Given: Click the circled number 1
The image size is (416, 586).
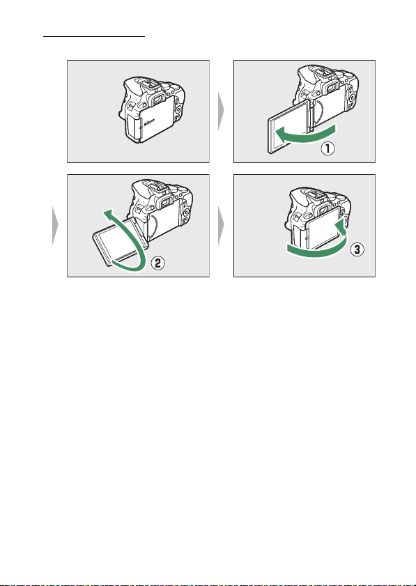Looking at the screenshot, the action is pos(328,148).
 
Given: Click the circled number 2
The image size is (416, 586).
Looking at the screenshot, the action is pos(157,263).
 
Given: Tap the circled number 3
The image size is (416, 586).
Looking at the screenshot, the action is pos(357,249).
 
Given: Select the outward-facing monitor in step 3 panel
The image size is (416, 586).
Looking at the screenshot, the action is pos(323,228).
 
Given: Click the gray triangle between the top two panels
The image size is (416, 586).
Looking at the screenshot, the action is pos(222,111).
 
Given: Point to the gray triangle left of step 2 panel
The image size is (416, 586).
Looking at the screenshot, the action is pos(55,225).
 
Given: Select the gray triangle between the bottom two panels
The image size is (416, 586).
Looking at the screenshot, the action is pos(222,225).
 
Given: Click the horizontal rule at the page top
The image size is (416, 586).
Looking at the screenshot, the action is pos(94,37).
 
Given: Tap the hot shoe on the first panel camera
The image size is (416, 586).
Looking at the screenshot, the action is pos(151,85).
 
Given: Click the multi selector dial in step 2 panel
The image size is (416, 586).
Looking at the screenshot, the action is pos(185,213).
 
